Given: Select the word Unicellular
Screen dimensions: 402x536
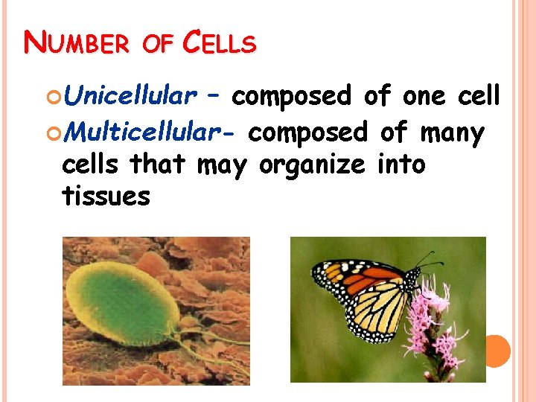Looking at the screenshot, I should click(x=130, y=96).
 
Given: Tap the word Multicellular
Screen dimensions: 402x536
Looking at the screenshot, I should click(x=150, y=133).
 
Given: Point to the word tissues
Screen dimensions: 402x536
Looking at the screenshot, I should click(x=106, y=197).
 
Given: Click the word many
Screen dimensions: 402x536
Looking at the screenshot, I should click(x=453, y=133).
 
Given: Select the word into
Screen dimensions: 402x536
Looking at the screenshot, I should click(x=401, y=164).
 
